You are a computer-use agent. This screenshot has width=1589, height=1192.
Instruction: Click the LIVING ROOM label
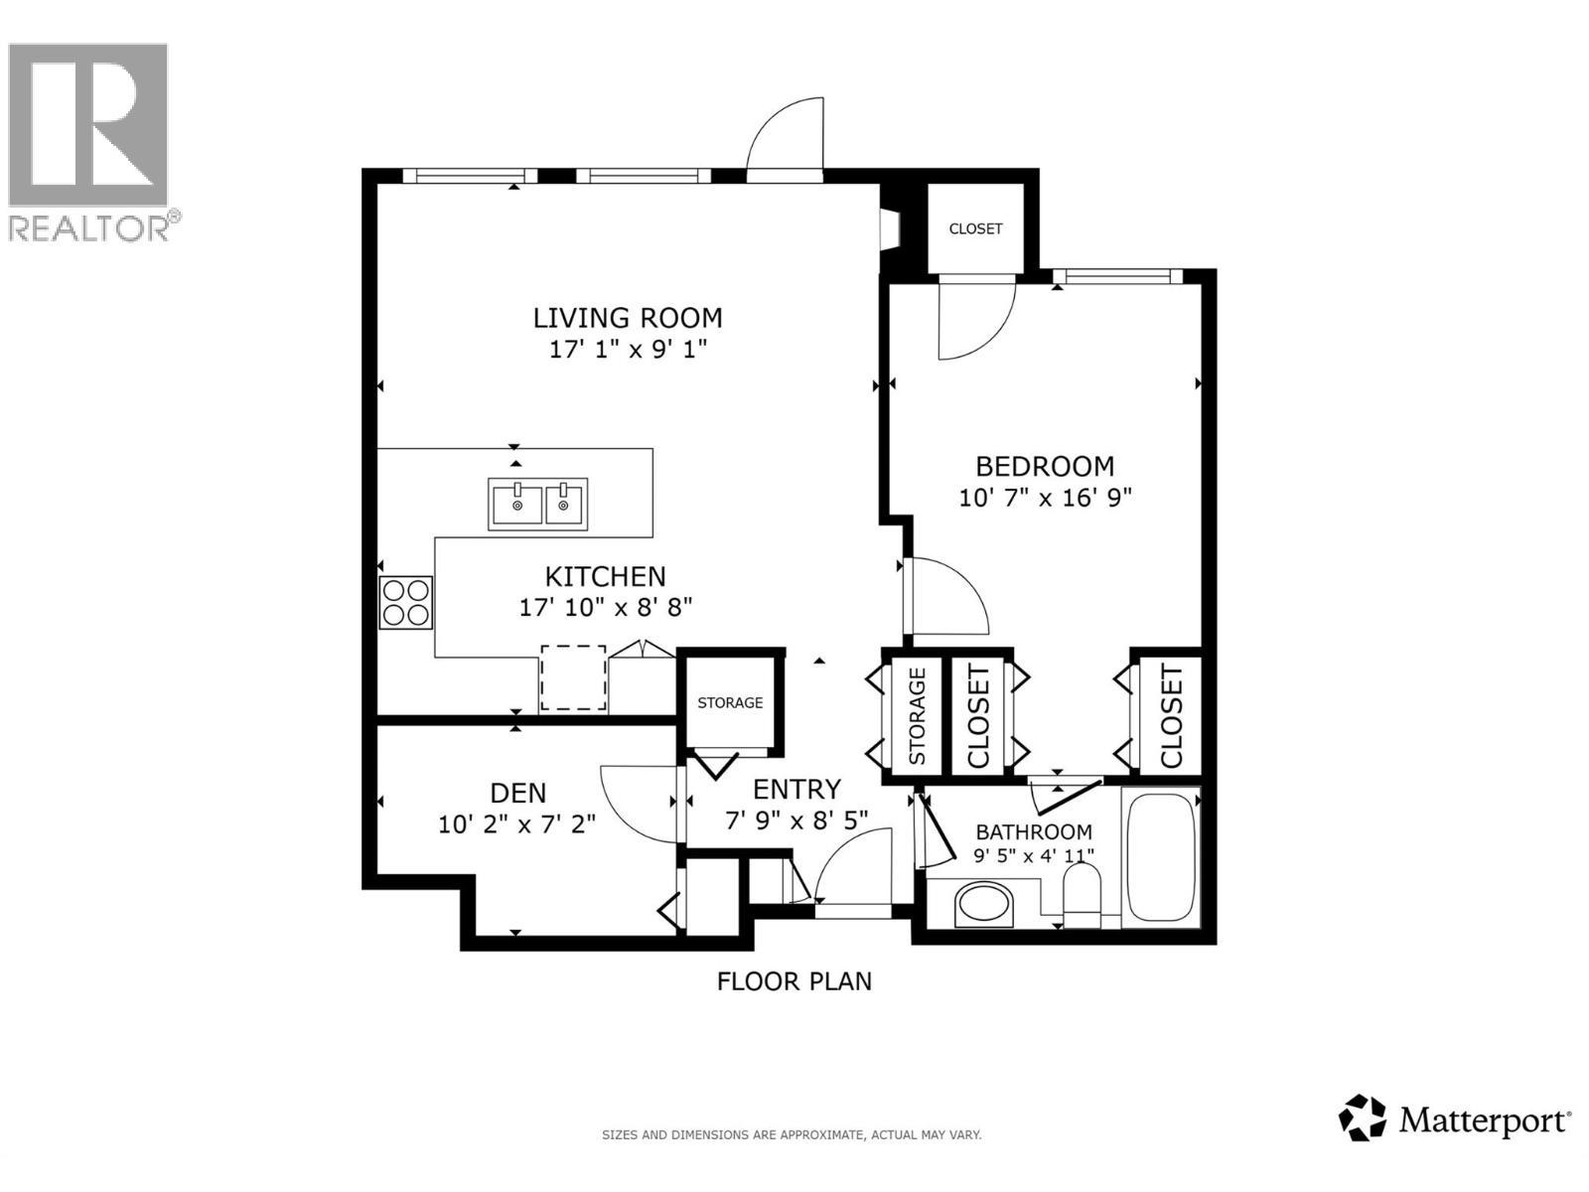tap(628, 318)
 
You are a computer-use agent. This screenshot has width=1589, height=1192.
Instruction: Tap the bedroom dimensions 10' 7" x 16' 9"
tap(1045, 498)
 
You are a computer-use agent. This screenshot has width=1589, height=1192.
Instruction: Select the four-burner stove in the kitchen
tap(406, 602)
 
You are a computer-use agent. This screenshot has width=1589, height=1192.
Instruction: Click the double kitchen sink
tap(538, 503)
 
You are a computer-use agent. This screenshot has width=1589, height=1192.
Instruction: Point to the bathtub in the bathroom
tap(1161, 856)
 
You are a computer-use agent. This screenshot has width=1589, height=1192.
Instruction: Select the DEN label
tap(518, 793)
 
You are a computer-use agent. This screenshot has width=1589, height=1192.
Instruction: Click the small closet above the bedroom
tap(975, 228)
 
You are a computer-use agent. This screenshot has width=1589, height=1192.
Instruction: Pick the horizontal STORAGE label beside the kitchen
tap(730, 703)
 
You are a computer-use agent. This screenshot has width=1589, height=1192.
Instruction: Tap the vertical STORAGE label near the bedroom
tap(917, 715)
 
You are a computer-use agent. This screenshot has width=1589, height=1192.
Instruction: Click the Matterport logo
tap(1455, 1120)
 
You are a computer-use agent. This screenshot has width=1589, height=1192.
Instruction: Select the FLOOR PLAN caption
tap(794, 981)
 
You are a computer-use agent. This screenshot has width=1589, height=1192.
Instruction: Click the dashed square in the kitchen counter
tap(573, 677)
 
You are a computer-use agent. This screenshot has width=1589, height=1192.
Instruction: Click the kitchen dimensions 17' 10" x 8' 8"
tap(605, 607)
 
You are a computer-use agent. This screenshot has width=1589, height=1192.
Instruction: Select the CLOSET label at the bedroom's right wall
tap(1171, 715)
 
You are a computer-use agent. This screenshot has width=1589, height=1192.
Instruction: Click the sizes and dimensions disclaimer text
tap(792, 1134)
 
